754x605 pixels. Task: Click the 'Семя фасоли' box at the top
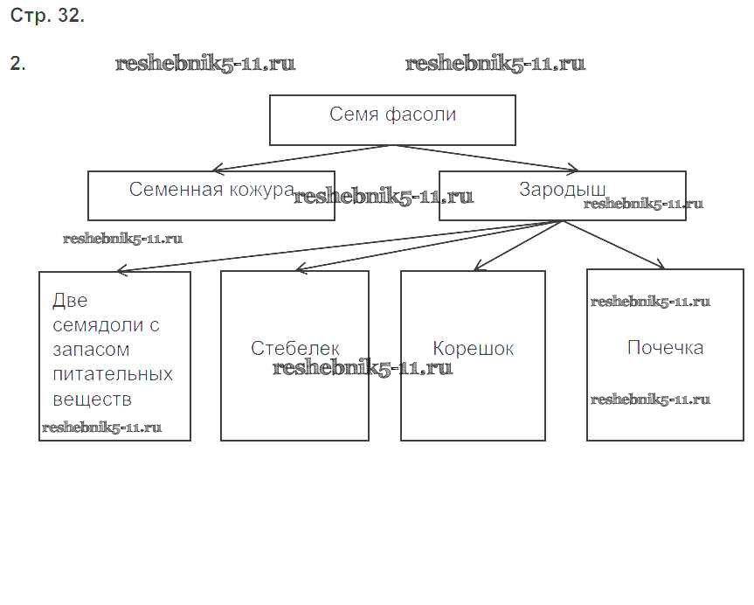[x=392, y=121]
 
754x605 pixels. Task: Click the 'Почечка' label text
[x=665, y=348]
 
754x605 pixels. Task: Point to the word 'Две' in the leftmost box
[x=70, y=301]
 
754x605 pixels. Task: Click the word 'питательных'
[x=113, y=374]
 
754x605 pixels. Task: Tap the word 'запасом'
[x=91, y=350]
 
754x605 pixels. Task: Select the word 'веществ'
[x=92, y=400]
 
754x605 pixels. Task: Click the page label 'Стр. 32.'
[x=47, y=17]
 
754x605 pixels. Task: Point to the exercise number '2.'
[x=17, y=64]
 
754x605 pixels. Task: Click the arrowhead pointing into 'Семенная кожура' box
[x=218, y=169]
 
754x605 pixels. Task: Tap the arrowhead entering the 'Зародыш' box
[x=571, y=169]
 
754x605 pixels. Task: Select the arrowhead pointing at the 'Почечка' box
[x=661, y=266]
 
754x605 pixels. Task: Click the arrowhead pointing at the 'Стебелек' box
[x=301, y=269]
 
